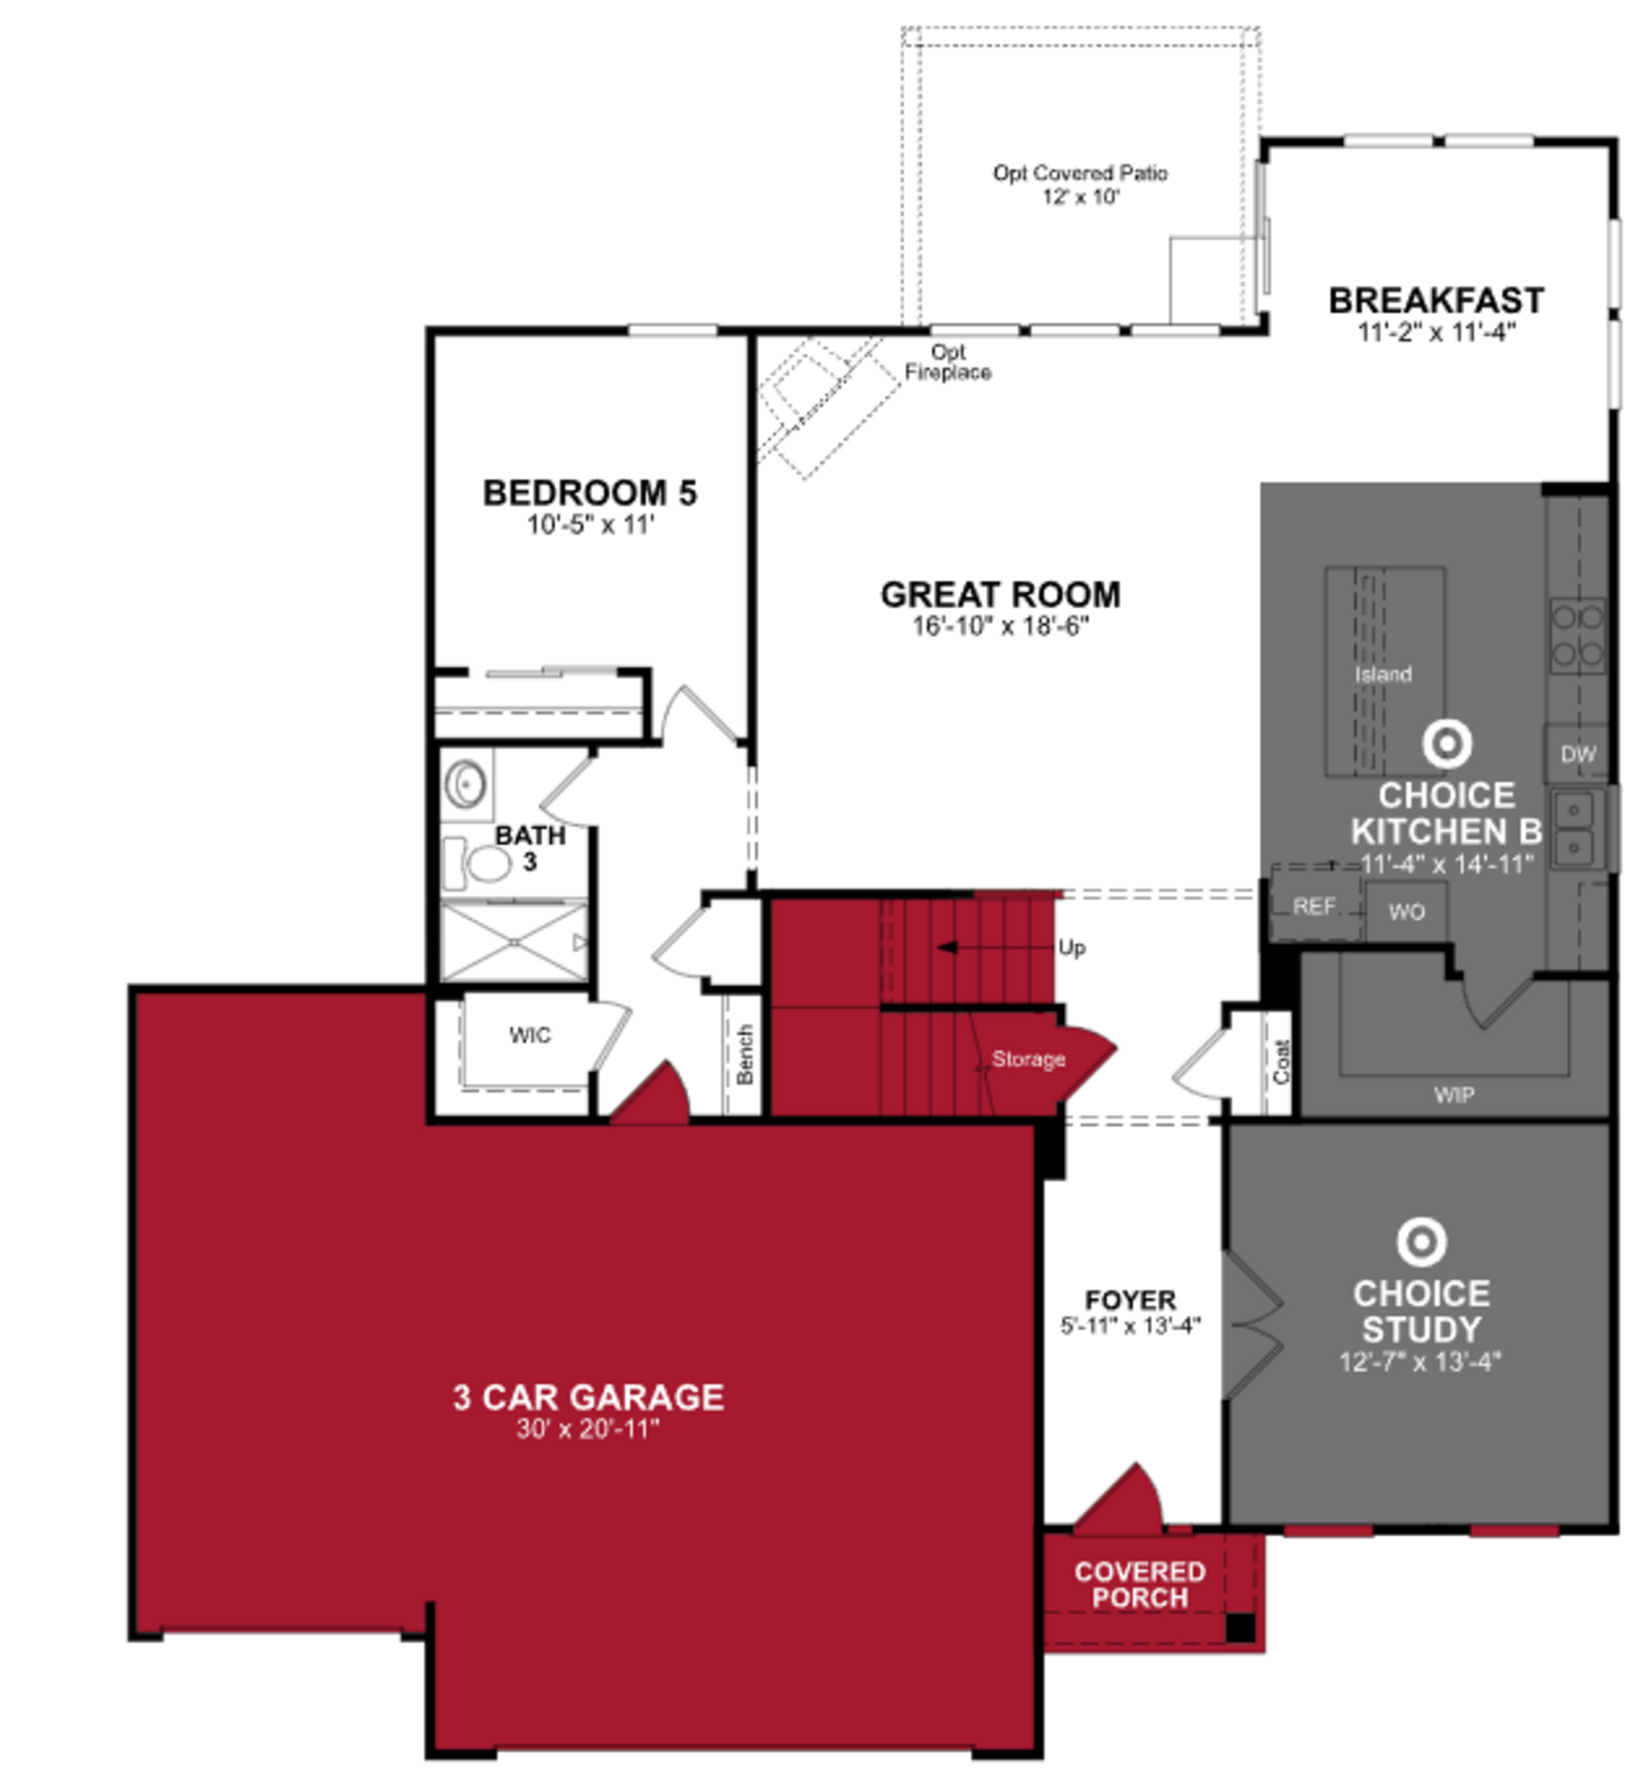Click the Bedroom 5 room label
coord(589,493)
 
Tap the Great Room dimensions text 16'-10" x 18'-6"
coord(1000,626)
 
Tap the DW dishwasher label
coord(1578,754)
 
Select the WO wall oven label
coord(1406,912)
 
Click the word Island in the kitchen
coord(1383,674)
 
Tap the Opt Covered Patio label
coord(1080,173)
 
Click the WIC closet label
coord(530,1035)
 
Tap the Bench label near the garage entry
coord(745,1054)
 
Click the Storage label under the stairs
coord(1028,1059)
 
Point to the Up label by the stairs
coord(1072,948)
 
